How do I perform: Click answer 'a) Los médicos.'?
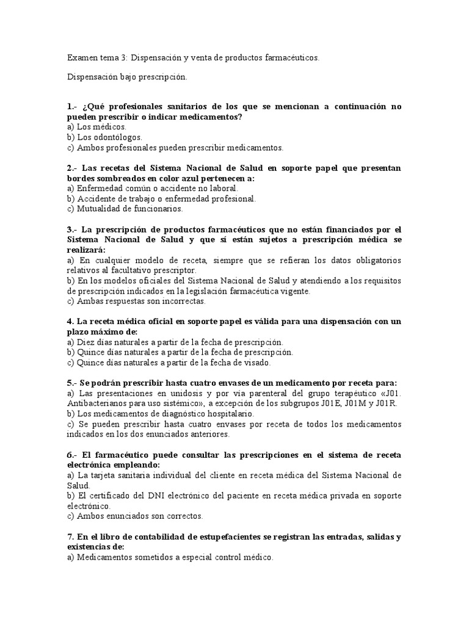96,127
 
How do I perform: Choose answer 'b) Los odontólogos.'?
104,137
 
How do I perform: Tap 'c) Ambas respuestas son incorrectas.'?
136,301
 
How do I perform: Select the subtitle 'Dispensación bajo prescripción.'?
127,78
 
